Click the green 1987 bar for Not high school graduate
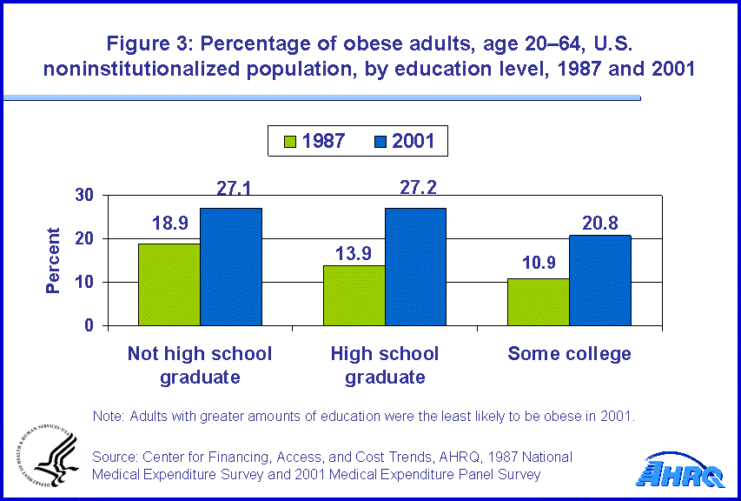tap(169, 284)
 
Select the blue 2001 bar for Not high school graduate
tap(230, 267)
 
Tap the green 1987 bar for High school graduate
tap(354, 296)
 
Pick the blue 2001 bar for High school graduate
tap(415, 267)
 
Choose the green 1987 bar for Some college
tap(539, 302)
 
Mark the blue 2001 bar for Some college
tap(600, 280)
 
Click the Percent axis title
tap(54, 260)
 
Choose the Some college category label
tap(569, 353)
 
